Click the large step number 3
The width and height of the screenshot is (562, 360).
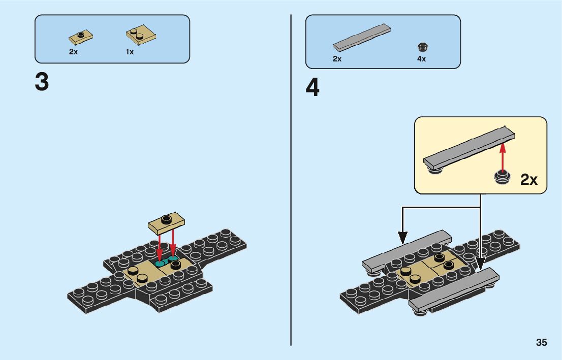point(42,82)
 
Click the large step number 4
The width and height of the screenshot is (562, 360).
point(313,88)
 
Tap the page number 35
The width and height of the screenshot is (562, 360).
point(541,342)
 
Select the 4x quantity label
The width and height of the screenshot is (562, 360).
point(421,59)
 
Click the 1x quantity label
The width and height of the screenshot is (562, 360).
point(130,52)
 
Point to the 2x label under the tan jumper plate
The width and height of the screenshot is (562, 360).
point(74,52)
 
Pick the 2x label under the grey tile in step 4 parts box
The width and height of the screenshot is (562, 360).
point(337,59)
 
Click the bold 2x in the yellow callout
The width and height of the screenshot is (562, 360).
point(529,180)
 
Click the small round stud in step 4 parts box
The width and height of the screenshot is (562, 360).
point(422,47)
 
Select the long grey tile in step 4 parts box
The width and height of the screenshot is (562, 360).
point(362,38)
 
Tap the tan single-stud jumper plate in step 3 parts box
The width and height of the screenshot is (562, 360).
point(81,37)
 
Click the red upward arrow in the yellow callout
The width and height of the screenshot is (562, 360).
point(503,157)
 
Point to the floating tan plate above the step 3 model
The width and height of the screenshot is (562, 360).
point(166,221)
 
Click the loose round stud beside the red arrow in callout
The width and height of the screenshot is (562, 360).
point(502,178)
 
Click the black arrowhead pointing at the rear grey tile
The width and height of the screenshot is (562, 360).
point(402,236)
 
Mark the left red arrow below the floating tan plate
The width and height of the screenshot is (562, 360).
point(160,246)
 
